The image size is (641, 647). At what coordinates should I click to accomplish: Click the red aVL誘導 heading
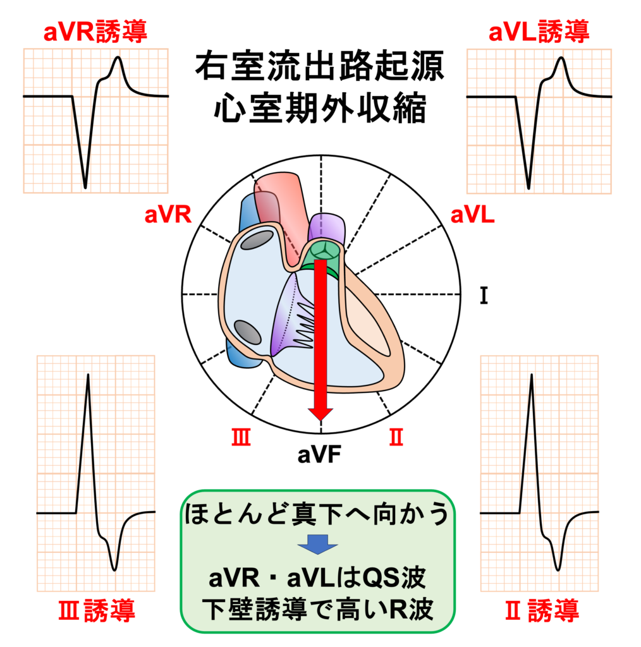coord(539,31)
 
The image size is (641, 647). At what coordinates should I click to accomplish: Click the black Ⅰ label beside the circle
coord(484,296)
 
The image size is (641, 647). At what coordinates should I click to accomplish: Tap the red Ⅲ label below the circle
coord(241,437)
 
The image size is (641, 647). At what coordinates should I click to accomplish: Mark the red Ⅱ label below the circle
coord(396,437)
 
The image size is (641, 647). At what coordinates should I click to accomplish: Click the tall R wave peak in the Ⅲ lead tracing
coord(88,376)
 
